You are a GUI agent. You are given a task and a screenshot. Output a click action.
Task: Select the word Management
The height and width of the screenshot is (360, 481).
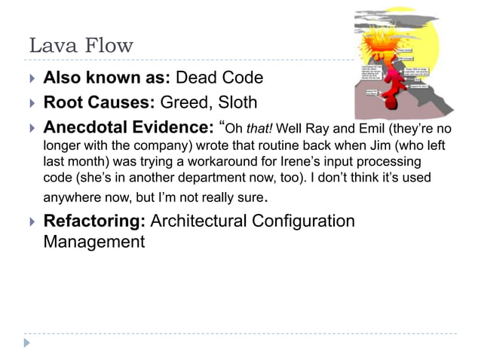point(94,242)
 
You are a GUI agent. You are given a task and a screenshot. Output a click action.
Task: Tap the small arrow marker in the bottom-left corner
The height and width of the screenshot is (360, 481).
point(28,343)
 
